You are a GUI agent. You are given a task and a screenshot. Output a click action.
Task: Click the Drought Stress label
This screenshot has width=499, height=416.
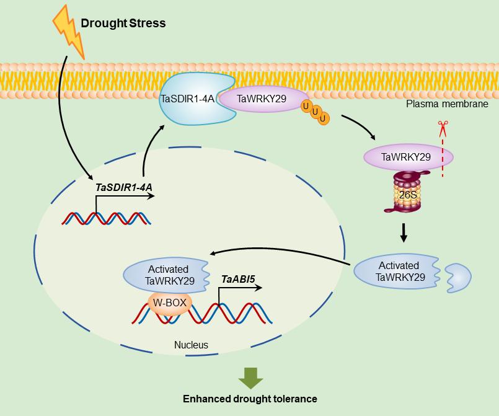coord(123,24)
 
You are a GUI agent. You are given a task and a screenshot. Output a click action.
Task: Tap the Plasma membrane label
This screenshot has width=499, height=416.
coord(447,104)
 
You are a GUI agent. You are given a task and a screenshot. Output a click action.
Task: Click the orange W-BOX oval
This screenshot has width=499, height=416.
coord(170,303)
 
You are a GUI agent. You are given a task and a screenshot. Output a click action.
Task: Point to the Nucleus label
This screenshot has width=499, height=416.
coord(191,345)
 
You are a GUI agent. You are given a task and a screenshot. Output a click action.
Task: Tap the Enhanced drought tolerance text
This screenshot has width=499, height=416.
coord(250,399)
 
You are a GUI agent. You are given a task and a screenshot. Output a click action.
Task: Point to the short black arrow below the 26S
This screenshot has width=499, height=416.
coord(404,232)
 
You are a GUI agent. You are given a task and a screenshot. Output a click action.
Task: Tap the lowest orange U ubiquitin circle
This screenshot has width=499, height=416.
coord(324,118)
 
